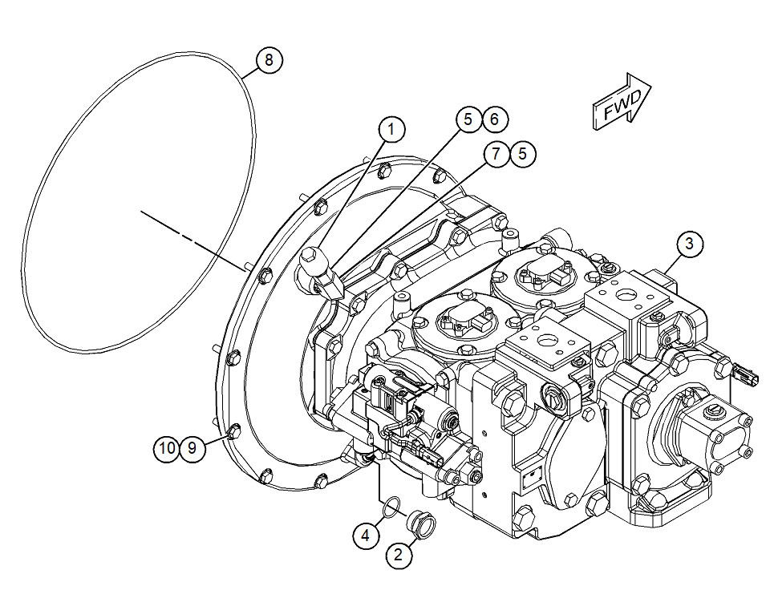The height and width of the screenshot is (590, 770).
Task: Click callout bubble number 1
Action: [391, 128]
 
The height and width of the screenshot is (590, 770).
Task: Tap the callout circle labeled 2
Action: [401, 553]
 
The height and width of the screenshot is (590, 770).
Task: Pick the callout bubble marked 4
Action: [366, 535]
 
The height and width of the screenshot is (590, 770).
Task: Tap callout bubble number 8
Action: [269, 59]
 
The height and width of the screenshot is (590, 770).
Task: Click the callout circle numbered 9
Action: [192, 448]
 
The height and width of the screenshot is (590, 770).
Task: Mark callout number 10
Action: [166, 448]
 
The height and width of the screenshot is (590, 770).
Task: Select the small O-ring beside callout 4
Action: [390, 506]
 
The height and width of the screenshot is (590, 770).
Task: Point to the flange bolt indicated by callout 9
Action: [232, 433]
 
